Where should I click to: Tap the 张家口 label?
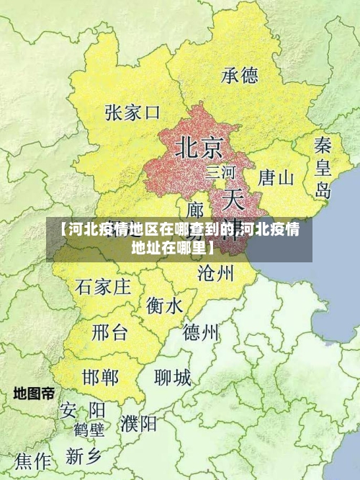click(132, 112)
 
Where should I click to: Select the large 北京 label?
click(199, 148)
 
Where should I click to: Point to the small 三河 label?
click(220, 172)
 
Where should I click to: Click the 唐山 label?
click(276, 177)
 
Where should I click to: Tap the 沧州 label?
click(216, 272)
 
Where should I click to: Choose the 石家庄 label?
click(103, 287)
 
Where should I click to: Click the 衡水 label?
click(164, 306)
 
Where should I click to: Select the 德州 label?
click(201, 332)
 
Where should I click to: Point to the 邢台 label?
click(109, 332)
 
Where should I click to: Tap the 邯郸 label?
click(100, 377)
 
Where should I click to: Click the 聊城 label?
click(173, 377)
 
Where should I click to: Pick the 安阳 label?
click(83, 410)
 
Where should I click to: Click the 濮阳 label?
click(139, 423)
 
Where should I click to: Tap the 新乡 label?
click(85, 455)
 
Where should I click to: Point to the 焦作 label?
click(33, 460)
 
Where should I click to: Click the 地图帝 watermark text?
click(34, 394)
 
